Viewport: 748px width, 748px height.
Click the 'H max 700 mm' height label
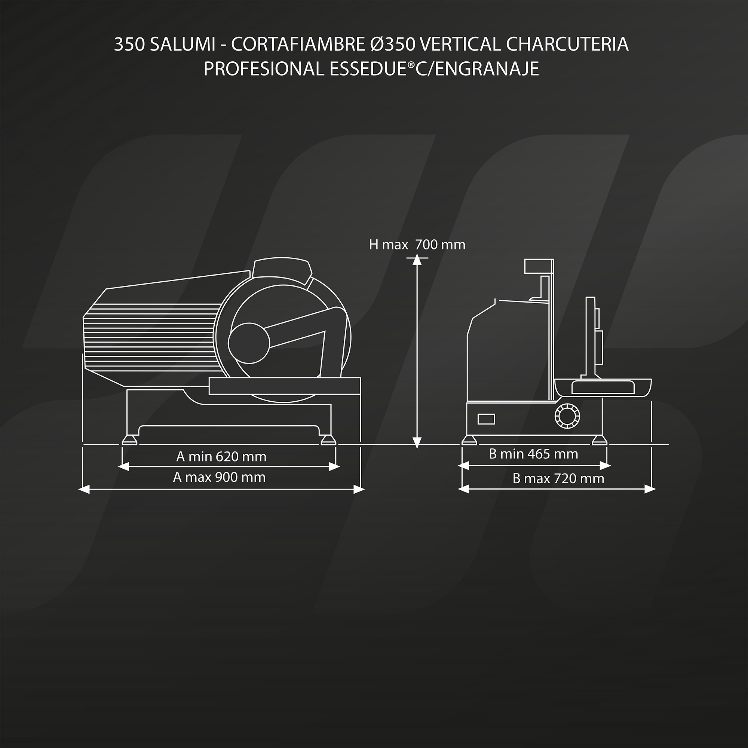click(417, 245)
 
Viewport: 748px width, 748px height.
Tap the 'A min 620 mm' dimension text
click(221, 457)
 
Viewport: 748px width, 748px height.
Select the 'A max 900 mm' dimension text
click(219, 477)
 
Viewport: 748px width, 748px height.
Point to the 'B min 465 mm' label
click(534, 454)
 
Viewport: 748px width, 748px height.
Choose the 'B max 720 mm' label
click(558, 479)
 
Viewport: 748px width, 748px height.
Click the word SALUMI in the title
click(183, 45)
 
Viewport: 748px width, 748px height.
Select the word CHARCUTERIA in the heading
click(567, 45)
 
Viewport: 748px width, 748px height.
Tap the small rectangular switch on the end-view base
click(486, 419)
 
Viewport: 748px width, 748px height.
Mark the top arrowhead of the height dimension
click(417, 260)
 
